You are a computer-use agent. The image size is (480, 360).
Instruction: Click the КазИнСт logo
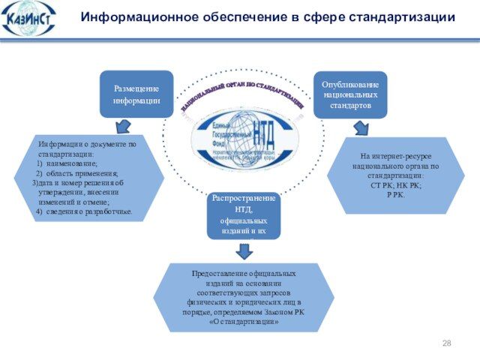(x=29, y=18)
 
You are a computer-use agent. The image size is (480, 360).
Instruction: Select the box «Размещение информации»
(x=136, y=94)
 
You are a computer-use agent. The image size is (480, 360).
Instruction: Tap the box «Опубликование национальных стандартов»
(x=349, y=95)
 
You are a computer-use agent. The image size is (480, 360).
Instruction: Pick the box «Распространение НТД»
(x=244, y=215)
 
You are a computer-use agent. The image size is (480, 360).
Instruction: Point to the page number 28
(x=447, y=343)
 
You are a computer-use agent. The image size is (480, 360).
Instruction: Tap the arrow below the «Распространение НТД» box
(x=244, y=250)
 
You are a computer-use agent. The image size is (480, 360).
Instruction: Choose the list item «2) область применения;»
(x=76, y=173)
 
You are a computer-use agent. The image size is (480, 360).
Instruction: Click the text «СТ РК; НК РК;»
(x=395, y=184)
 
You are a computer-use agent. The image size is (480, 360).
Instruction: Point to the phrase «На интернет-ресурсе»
(x=395, y=157)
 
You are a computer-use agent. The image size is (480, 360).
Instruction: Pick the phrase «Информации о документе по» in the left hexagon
(x=88, y=144)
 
